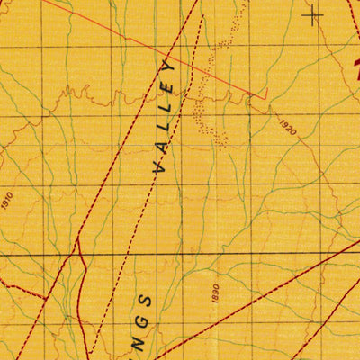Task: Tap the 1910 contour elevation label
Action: pyautogui.click(x=9, y=200)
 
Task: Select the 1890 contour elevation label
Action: pyautogui.click(x=215, y=293)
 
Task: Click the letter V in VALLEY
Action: pyautogui.click(x=161, y=167)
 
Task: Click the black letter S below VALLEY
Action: pyautogui.click(x=148, y=300)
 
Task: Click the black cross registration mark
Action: pyautogui.click(x=313, y=14)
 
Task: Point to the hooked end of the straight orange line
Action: pyautogui.click(x=265, y=93)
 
